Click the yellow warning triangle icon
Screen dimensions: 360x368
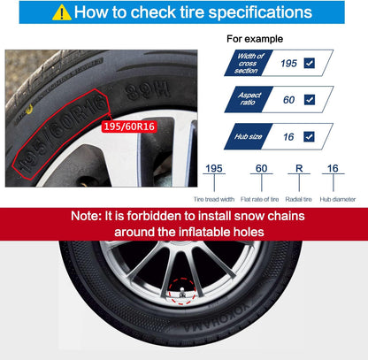62,13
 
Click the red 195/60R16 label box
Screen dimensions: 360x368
128,127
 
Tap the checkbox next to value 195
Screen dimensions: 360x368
309,64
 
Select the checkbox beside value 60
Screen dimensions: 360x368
309,100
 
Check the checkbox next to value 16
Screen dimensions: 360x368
309,136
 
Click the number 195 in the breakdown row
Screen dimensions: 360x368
212,168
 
